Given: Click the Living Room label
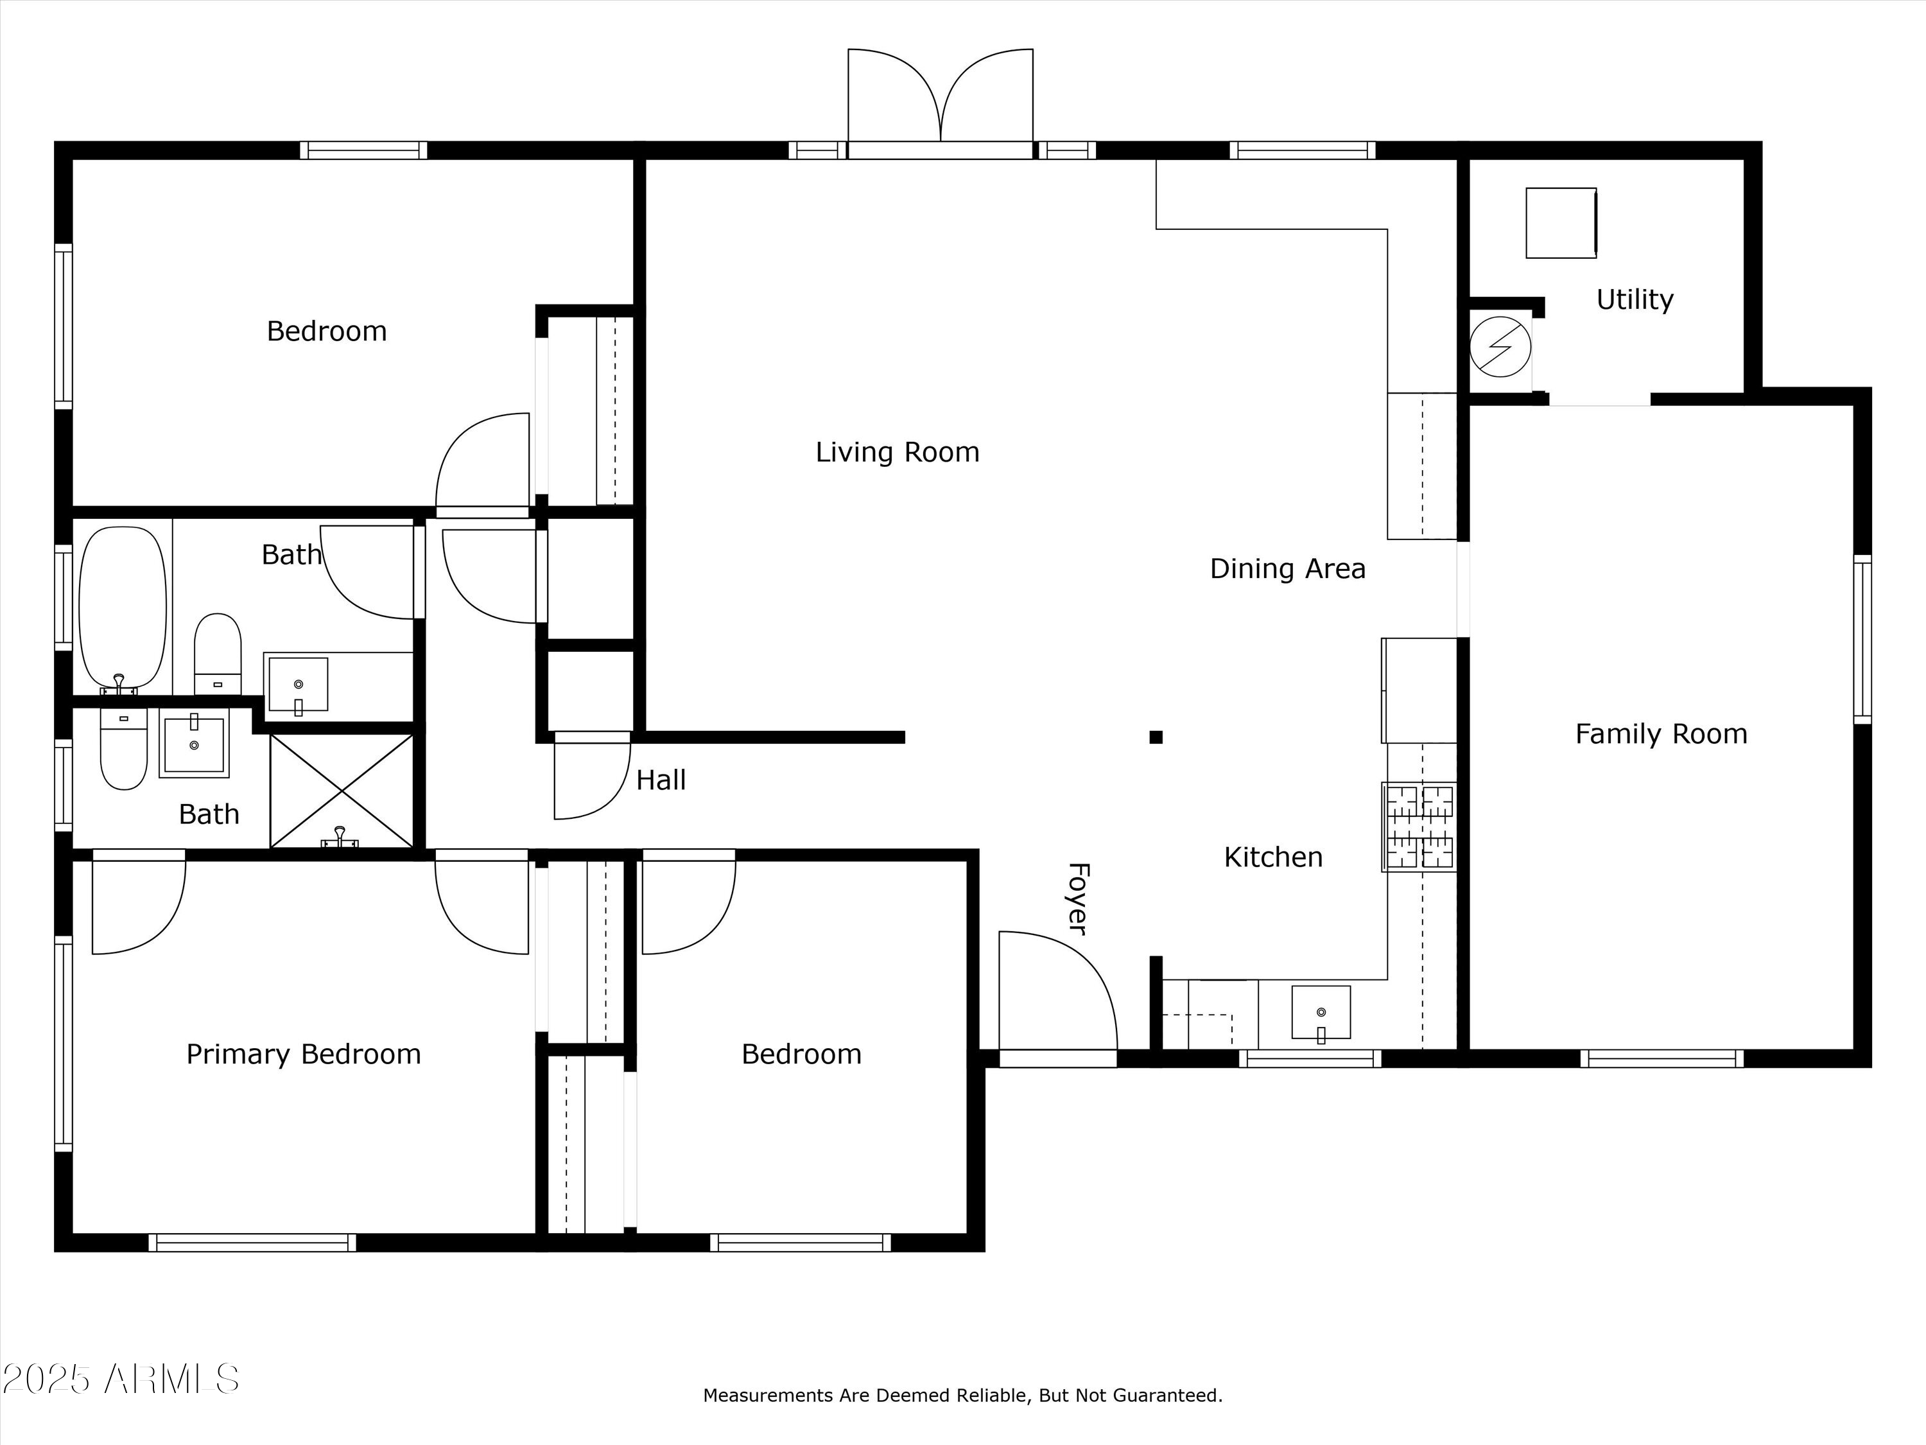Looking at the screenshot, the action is pyautogui.click(x=897, y=452).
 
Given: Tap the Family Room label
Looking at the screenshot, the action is pyautogui.click(x=1661, y=734).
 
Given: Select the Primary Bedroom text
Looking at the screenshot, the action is pyautogui.click(x=304, y=1055).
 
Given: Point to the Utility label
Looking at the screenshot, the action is pyautogui.click(x=1635, y=300).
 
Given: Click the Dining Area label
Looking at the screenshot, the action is pyautogui.click(x=1288, y=569).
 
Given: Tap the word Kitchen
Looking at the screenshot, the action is pyautogui.click(x=1273, y=857).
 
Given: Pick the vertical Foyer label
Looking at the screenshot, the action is pyautogui.click(x=1078, y=899).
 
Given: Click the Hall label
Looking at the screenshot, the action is pyautogui.click(x=661, y=780).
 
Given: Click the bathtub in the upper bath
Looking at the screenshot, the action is pyautogui.click(x=122, y=609).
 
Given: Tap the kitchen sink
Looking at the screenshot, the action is pyautogui.click(x=1321, y=1012).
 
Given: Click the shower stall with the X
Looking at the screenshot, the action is pyautogui.click(x=342, y=791).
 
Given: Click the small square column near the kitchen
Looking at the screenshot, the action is pyautogui.click(x=1156, y=737).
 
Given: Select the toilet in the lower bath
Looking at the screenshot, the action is pyautogui.click(x=124, y=748).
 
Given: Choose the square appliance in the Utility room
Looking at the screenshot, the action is pyautogui.click(x=1561, y=223).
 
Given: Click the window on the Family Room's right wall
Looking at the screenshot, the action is pyautogui.click(x=1862, y=639).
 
